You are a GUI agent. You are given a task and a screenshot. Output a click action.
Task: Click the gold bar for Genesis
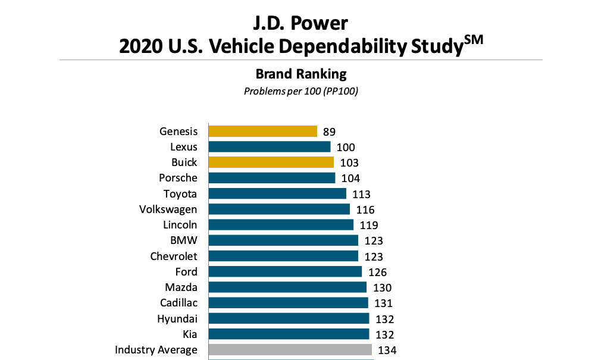(x=262, y=131)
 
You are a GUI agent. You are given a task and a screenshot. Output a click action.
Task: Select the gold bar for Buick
(x=271, y=162)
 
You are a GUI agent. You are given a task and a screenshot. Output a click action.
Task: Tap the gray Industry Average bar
(x=290, y=349)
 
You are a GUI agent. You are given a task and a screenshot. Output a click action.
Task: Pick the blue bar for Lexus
(x=269, y=146)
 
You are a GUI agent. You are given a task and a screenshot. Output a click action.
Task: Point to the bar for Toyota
(x=277, y=193)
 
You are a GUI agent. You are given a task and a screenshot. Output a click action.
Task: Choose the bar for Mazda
(x=287, y=287)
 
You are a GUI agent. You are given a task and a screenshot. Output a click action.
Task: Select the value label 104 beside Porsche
(x=350, y=178)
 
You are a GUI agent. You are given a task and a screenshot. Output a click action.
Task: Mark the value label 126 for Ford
(x=377, y=272)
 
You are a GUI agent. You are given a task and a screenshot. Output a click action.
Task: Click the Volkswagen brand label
(x=168, y=209)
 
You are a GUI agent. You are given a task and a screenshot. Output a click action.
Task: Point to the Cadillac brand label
(x=178, y=303)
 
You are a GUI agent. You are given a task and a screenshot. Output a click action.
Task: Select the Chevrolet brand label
(x=173, y=256)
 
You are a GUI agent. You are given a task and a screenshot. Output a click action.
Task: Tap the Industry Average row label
(x=156, y=349)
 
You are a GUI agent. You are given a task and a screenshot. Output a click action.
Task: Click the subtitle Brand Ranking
(x=300, y=74)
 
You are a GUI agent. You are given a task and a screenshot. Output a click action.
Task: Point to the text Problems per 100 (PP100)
(x=300, y=92)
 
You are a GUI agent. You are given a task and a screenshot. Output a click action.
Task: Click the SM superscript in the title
(x=474, y=39)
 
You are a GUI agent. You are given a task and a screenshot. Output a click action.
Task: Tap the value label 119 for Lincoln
(x=369, y=225)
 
